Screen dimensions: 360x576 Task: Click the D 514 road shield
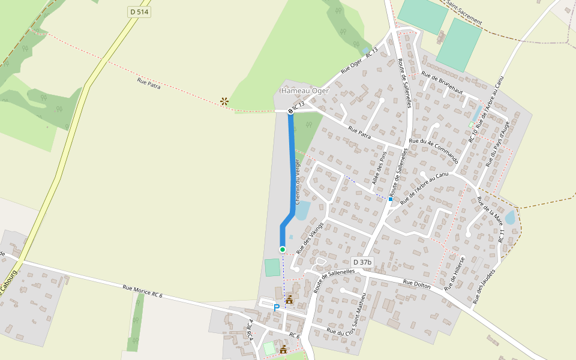pyautogui.click(x=139, y=12)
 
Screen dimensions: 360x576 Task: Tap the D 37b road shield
pyautogui.click(x=362, y=262)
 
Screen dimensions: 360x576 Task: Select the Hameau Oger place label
pyautogui.click(x=305, y=91)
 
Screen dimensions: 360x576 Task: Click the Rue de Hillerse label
pyautogui.click(x=455, y=274)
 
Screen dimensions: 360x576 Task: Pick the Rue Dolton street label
pyautogui.click(x=416, y=284)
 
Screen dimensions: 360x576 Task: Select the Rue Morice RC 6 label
pyautogui.click(x=142, y=291)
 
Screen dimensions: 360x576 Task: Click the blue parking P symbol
pyautogui.click(x=277, y=308)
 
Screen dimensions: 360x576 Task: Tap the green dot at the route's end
pyautogui.click(x=283, y=249)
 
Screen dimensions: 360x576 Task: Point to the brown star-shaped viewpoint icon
pyautogui.click(x=224, y=101)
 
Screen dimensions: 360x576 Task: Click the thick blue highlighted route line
pyautogui.click(x=293, y=168)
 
